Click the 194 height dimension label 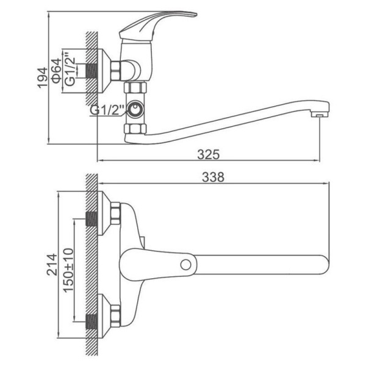click(x=43, y=78)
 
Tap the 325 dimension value click(x=209, y=154)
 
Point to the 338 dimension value click(x=213, y=177)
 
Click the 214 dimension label click(x=52, y=265)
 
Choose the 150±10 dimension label click(x=68, y=270)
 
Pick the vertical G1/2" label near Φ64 click(x=71, y=68)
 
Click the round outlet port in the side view click(x=135, y=109)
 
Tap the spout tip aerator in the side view click(x=319, y=115)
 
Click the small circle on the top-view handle click(x=186, y=265)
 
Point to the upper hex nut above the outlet click(x=135, y=87)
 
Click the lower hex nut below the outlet click(x=135, y=129)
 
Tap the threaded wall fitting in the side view click(x=91, y=71)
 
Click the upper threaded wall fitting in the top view click(x=91, y=219)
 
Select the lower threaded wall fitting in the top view click(x=91, y=322)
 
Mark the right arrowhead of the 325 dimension click(x=317, y=160)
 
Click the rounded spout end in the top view click(x=323, y=265)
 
